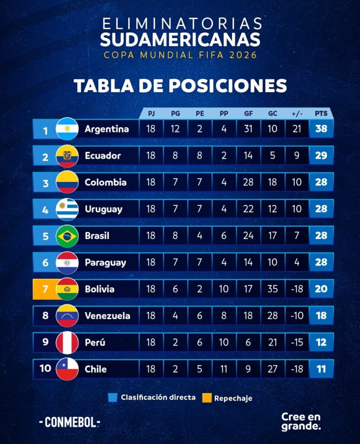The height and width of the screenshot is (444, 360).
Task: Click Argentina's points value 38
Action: point(321,129)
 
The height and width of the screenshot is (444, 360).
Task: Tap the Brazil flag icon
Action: point(67,236)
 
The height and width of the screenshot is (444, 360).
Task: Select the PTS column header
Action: point(321,114)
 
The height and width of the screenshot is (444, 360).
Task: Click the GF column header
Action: point(248,114)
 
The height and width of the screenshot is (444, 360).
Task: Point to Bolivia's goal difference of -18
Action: point(297,289)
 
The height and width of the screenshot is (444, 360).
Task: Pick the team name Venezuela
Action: point(107,316)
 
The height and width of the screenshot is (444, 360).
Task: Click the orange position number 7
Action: point(45,289)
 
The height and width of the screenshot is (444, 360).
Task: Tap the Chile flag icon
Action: point(67,369)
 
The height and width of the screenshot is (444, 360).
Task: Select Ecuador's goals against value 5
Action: point(272,156)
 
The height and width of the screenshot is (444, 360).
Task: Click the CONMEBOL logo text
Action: point(69,422)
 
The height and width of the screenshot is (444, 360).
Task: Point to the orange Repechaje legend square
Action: point(207,398)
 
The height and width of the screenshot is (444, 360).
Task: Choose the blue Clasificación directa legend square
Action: point(113,398)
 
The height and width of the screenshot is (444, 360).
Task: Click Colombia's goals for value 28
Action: point(248,182)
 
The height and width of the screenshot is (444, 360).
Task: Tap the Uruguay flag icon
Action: point(67,209)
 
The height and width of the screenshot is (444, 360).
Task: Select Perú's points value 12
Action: point(321,343)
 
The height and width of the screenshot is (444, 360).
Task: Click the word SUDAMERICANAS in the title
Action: point(180,39)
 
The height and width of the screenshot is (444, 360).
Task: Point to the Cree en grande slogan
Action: point(301,421)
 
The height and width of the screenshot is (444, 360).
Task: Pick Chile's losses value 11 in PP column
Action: point(224,369)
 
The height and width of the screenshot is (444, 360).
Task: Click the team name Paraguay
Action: point(105,263)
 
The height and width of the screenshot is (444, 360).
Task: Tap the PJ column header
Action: point(151,114)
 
